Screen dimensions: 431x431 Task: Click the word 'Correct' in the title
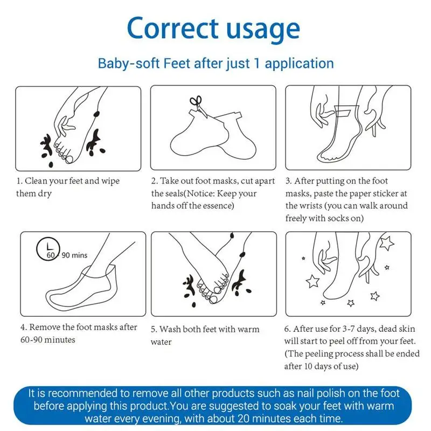(172, 28)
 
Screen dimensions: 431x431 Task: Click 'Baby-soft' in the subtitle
(129, 63)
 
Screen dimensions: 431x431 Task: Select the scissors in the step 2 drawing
(198, 106)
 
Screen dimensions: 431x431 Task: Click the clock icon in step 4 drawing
(48, 249)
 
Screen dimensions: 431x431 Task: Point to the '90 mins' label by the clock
(74, 255)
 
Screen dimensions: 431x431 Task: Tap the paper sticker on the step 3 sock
(343, 113)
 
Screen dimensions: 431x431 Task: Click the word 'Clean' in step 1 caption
(34, 181)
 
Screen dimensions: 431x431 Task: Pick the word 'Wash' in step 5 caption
(170, 329)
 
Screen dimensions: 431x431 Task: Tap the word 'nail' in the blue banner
(305, 393)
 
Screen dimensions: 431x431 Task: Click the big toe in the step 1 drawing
(69, 159)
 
